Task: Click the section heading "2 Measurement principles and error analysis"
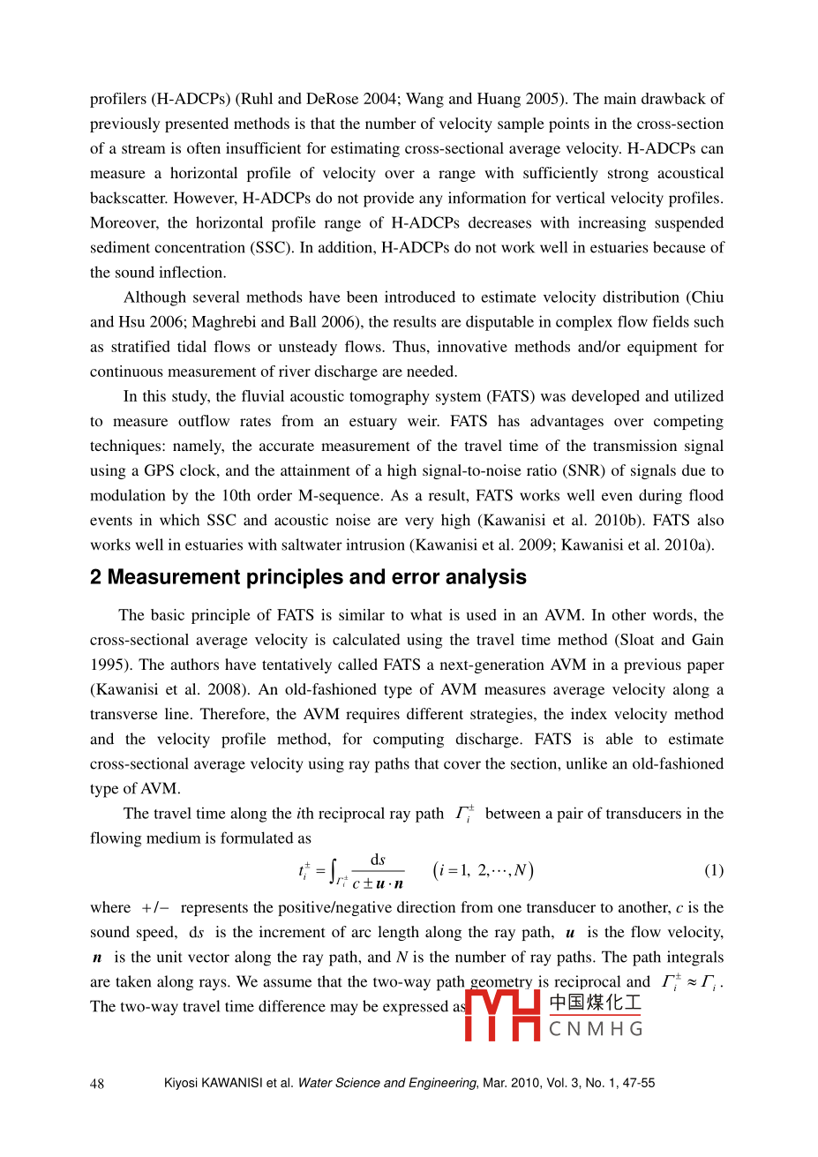point(308,577)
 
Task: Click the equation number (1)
point(713,871)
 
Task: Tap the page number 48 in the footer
point(97,1084)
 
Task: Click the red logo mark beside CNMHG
point(502,1015)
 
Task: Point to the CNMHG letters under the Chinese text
point(596,1029)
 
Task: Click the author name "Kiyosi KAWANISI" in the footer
point(213,1083)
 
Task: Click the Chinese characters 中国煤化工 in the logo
point(596,1003)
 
